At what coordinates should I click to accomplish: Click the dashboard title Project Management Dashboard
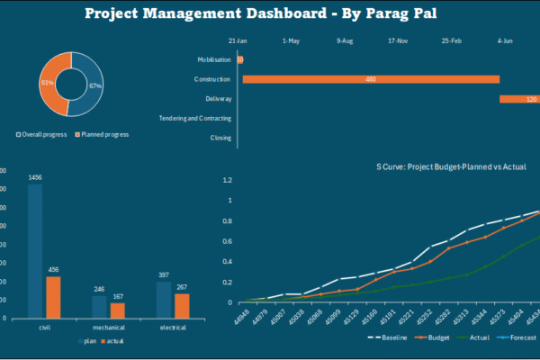tap(269, 14)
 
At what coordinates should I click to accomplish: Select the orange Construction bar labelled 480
tap(371, 79)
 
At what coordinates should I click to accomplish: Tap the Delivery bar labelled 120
tap(520, 99)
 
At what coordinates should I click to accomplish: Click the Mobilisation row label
tap(214, 59)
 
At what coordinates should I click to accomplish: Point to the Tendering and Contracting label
tap(195, 118)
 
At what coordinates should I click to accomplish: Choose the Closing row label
tap(220, 138)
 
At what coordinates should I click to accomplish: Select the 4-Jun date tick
tap(505, 40)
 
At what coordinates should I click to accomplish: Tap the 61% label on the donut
tap(47, 82)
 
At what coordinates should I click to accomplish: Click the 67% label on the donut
tap(94, 85)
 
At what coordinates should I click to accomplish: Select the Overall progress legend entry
tap(45, 134)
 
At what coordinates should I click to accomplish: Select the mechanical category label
tap(109, 328)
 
